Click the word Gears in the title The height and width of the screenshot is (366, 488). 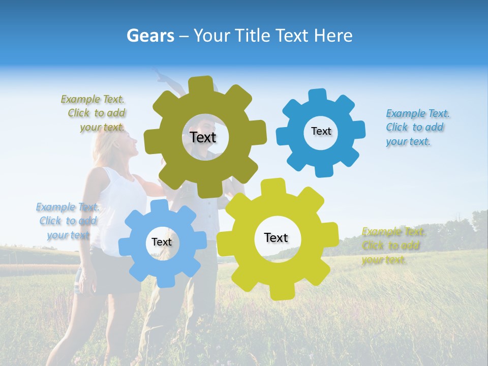pyautogui.click(x=150, y=36)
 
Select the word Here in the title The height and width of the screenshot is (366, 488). pyautogui.click(x=332, y=36)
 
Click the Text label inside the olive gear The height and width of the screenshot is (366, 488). pyautogui.click(x=203, y=137)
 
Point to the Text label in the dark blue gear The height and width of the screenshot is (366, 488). pyautogui.click(x=321, y=131)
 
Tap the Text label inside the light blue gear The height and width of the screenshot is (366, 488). pyautogui.click(x=162, y=242)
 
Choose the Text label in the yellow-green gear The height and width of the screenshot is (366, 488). pyautogui.click(x=276, y=237)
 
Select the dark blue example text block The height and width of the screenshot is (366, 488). pyautogui.click(x=416, y=128)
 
